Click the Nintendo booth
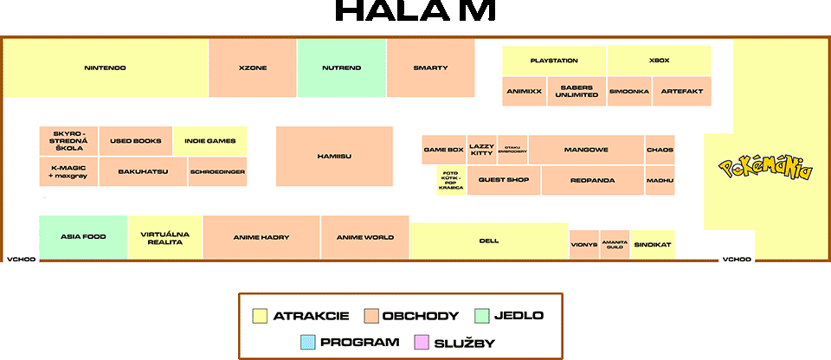[106, 67]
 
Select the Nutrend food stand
[341, 67]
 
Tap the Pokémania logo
[766, 168]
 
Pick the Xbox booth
[659, 61]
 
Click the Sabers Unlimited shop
[576, 91]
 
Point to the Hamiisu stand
[334, 156]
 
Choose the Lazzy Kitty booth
[481, 149]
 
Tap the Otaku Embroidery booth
[512, 149]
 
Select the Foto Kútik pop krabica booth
[450, 181]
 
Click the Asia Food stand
[83, 237]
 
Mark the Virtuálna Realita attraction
[164, 237]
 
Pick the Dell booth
[489, 241]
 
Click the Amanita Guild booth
[615, 245]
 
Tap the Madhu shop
[660, 180]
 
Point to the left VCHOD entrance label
[20, 259]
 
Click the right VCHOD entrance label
[736, 259]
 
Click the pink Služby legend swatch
[423, 342]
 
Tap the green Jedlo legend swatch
[483, 315]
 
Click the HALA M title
[415, 12]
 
